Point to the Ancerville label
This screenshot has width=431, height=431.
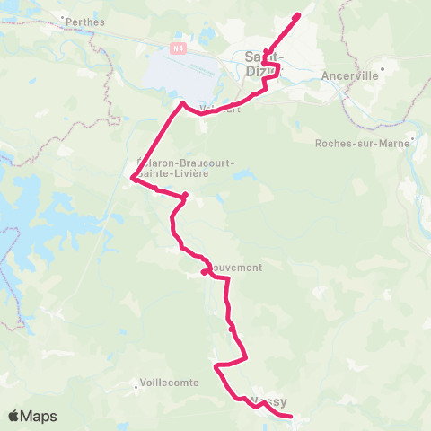[353, 76]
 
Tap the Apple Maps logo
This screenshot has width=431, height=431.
[32, 416]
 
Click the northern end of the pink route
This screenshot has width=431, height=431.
[298, 14]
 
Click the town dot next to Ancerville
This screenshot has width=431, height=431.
[383, 66]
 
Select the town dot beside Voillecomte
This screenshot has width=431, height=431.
[136, 382]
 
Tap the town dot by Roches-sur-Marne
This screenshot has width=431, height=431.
[412, 139]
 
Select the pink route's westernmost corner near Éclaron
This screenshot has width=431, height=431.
[133, 179]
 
